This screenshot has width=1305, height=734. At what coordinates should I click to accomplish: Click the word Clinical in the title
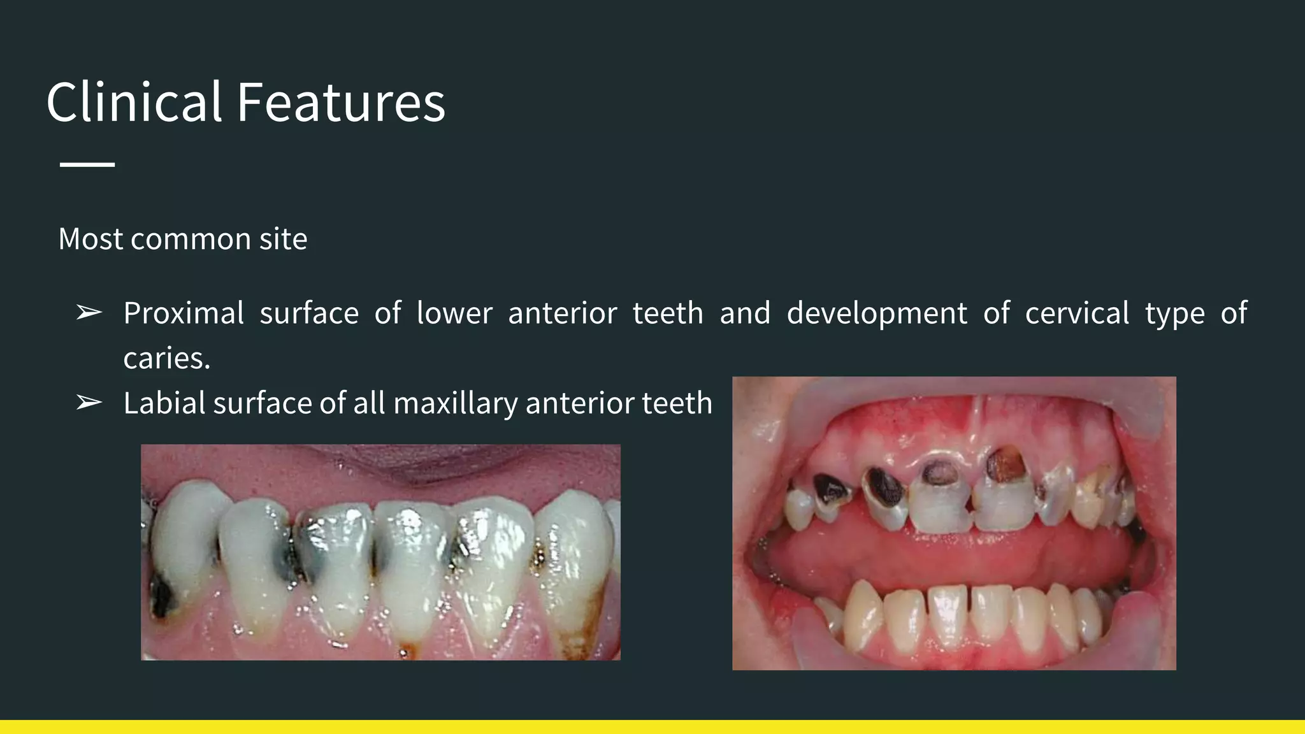pos(134,103)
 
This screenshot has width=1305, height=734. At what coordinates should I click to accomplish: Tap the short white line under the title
pos(87,164)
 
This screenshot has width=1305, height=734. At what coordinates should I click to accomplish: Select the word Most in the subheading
pos(90,239)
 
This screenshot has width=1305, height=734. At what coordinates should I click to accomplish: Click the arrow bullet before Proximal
pos(89,313)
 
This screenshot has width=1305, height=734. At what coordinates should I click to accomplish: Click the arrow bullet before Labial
pos(89,403)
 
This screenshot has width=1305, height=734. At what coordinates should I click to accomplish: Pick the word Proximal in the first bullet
pos(184,313)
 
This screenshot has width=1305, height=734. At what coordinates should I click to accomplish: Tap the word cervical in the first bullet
pos(1077,313)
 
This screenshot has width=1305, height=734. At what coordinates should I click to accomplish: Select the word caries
pos(166,358)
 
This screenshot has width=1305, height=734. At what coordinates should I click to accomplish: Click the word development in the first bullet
pos(877,313)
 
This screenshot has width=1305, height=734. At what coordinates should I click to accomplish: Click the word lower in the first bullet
pos(454,313)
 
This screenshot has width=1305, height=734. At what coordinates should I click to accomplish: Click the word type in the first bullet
pos(1174,313)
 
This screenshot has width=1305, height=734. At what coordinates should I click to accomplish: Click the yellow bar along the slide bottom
pos(652,726)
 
